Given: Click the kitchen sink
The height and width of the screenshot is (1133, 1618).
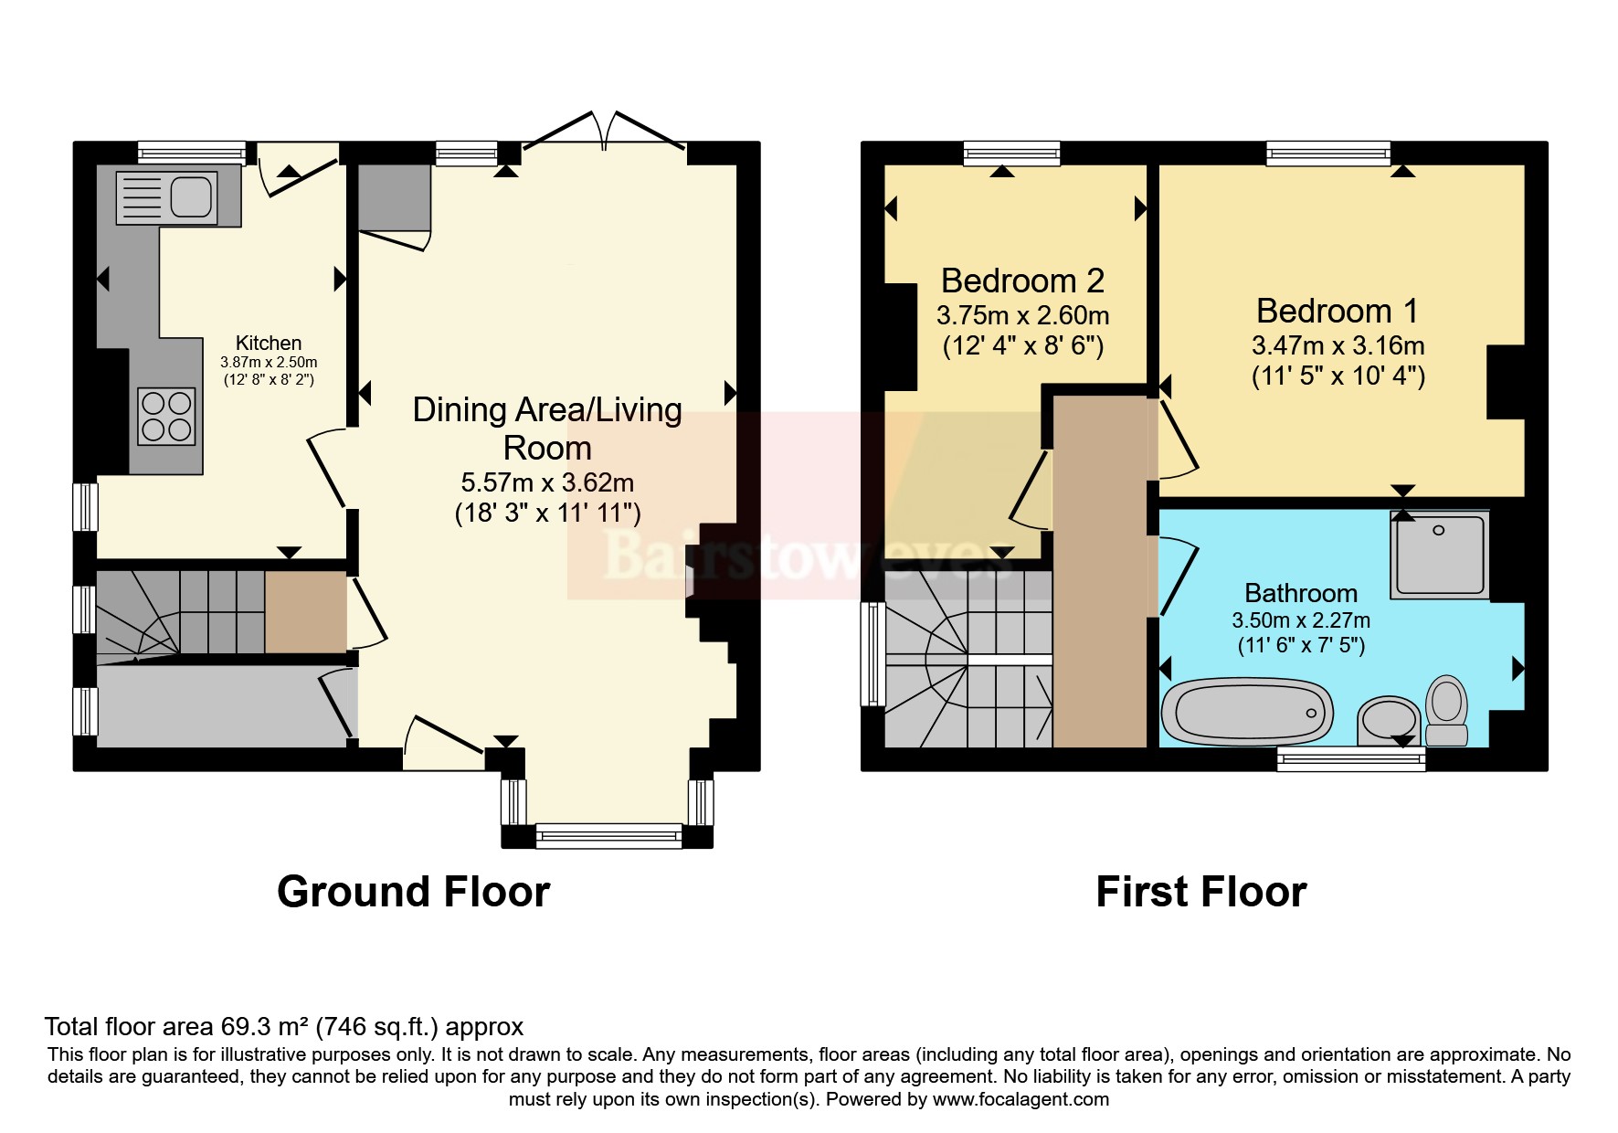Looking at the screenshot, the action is coord(167,197).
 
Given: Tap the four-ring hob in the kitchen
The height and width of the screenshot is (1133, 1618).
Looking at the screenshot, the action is coord(166,416).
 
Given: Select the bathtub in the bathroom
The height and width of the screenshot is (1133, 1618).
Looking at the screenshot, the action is coord(1246,712).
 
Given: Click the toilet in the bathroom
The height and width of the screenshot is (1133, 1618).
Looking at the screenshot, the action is coord(1446,711).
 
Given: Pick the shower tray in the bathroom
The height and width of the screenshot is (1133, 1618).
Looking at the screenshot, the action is coord(1440,555).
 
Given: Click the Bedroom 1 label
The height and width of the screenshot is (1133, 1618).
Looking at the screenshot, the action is coord(1338,312).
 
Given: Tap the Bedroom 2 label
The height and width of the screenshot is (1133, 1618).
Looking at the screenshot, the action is coord(1022,281).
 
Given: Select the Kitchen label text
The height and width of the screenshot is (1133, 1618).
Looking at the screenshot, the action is coord(269,344).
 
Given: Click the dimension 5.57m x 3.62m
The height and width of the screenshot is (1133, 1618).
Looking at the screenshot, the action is coord(547,482).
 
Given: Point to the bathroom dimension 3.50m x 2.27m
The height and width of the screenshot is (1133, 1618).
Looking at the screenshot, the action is coord(1301,620).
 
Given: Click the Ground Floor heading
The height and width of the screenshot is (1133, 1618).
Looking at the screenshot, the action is coord(413,892).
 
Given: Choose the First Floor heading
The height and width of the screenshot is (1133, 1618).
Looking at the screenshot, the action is coord(1201,892).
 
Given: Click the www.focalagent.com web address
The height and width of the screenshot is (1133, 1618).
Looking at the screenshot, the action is coord(1021,1099).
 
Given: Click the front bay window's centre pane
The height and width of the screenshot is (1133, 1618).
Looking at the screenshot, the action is coord(608,836).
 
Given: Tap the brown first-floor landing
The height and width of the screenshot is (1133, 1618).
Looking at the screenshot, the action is coord(1100,571).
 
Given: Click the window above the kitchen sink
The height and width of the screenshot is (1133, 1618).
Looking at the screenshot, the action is coord(192,152).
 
